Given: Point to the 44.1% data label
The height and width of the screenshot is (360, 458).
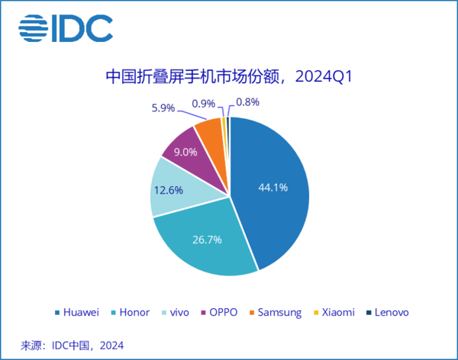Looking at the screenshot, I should [x=273, y=188].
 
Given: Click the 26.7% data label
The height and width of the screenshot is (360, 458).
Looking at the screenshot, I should [x=207, y=239].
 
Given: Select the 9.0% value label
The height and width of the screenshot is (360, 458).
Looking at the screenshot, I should [x=185, y=151].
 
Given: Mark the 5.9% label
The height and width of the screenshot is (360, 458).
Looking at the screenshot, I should [x=163, y=108].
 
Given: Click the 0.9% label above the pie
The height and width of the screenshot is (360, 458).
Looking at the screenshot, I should [x=202, y=101].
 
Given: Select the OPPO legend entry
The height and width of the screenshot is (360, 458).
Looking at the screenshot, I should [x=218, y=313].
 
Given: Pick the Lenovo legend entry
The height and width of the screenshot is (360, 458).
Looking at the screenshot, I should [x=388, y=313].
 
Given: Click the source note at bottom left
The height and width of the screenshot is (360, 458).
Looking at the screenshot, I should [x=72, y=345].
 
